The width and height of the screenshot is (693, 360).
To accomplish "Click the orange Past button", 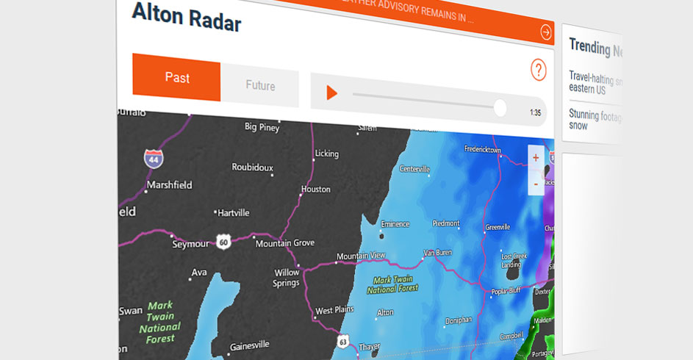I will click(176, 78).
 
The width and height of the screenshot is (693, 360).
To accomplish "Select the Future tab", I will click(260, 86).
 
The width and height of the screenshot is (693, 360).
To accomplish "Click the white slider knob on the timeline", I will click(500, 108).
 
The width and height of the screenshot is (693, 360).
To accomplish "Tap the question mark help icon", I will click(539, 71).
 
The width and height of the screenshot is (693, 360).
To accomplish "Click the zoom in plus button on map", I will click(535, 158).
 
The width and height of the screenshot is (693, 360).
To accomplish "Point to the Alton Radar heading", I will click(187, 17).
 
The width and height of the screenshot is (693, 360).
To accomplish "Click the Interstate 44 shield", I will click(154, 157).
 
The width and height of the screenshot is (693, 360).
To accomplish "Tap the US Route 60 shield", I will click(223, 241).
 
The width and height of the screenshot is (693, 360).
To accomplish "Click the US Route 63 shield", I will click(343, 342).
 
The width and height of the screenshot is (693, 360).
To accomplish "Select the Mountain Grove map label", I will click(284, 242).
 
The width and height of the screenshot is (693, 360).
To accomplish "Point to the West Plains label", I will click(334, 310).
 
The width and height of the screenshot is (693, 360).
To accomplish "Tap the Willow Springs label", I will click(287, 277).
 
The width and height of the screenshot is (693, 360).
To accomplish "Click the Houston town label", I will click(315, 189).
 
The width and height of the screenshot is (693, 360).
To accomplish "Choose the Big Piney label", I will click(262, 126).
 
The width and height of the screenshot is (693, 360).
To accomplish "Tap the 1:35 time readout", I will click(534, 113).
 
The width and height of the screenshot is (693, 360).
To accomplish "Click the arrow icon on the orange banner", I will click(546, 32).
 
